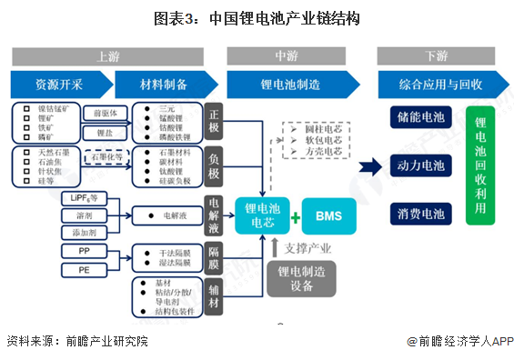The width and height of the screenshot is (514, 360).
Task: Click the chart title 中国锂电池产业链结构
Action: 257,16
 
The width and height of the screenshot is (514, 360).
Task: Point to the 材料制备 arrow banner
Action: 164,85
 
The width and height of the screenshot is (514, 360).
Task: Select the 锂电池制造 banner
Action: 288,85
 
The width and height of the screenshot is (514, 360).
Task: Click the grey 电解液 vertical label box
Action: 214,215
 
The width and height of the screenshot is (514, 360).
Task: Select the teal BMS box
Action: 329,215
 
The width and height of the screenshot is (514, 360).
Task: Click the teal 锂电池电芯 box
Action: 263,215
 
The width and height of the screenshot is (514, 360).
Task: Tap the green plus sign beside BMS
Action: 296,216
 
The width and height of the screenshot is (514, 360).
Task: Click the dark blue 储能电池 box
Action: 420,119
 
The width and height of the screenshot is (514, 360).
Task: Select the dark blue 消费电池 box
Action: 420,213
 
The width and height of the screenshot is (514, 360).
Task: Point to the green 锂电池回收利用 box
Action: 481,166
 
